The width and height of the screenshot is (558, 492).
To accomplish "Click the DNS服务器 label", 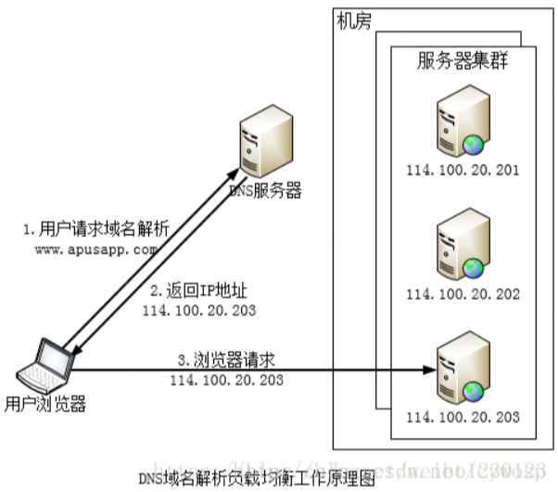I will [x=265, y=191].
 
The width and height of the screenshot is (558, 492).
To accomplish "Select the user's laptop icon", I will [x=44, y=365].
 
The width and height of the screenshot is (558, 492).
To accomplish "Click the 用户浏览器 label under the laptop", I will [x=45, y=404].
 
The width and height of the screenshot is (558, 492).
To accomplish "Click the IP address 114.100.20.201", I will [x=462, y=171].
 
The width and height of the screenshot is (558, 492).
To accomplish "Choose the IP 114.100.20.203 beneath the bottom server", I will [x=462, y=415].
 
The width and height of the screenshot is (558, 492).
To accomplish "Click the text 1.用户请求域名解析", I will [x=83, y=228].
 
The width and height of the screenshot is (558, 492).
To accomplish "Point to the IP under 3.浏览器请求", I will [x=226, y=381].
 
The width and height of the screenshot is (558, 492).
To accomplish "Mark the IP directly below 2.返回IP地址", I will [x=199, y=310].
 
